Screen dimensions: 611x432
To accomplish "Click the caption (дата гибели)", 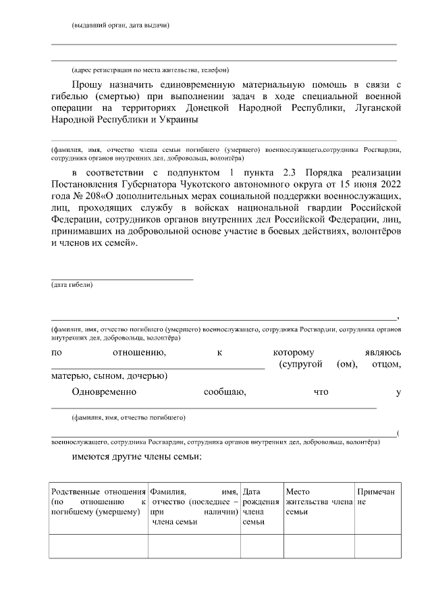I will [72, 285].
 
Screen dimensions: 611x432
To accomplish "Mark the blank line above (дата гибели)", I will [122, 278].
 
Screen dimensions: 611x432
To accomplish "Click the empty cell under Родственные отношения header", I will [99, 546].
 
